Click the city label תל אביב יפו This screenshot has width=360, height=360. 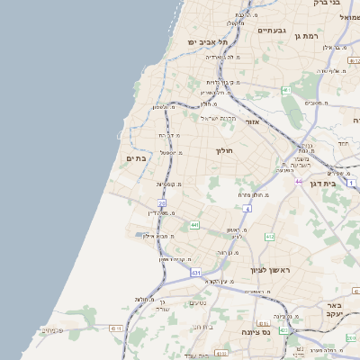point(209,42)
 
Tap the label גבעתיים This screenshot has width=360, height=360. point(271,31)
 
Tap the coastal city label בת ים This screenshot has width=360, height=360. point(136,158)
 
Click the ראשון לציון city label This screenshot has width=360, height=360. point(273,269)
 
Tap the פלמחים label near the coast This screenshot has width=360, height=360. point(53,330)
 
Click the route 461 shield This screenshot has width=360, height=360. point(285,90)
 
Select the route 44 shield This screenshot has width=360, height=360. point(297,181)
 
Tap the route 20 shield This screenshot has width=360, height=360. point(162,204)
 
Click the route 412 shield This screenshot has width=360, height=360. point(269,237)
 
